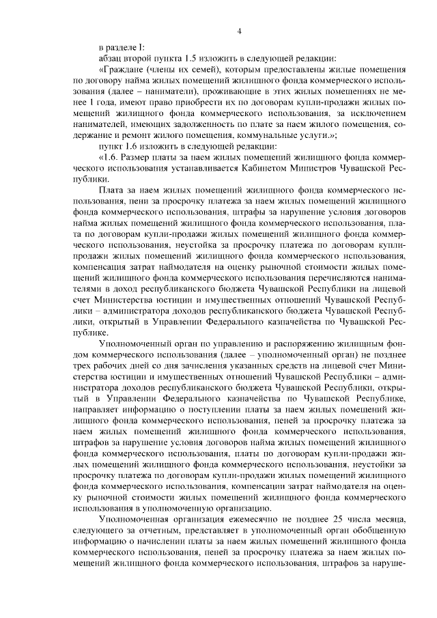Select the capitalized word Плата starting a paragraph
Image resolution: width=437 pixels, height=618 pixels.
pyautogui.click(x=112, y=189)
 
